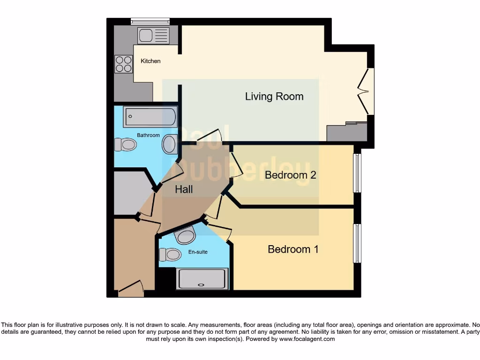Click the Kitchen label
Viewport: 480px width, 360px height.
click(150, 61)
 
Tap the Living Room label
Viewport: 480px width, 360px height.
click(274, 97)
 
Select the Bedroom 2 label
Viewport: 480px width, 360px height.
click(290, 175)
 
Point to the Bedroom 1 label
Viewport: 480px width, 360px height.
click(293, 249)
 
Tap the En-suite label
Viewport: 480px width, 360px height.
click(198, 252)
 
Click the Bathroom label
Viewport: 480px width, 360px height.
click(148, 135)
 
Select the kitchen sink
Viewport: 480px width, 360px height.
click(153, 35)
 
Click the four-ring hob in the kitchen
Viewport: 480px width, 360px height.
click(124, 64)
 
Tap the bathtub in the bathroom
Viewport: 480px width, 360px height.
click(150, 117)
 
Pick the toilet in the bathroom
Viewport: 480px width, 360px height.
click(125, 144)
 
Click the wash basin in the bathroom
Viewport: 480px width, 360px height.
click(170, 144)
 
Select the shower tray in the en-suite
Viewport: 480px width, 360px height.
click(202, 278)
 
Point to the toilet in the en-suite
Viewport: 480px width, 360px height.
click(170, 255)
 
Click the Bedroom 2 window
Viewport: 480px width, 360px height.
click(357, 173)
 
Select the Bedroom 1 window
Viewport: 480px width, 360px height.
click(357, 243)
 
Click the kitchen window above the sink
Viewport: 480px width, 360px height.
click(150, 21)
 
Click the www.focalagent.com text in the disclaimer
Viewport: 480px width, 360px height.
click(307, 339)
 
